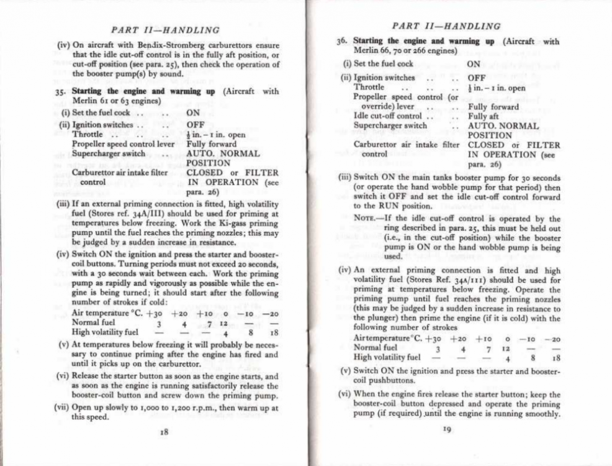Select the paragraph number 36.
[340, 42]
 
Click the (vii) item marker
[64, 408]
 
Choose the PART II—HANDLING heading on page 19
[447, 26]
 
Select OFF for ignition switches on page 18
[196, 124]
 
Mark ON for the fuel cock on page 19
[474, 63]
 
